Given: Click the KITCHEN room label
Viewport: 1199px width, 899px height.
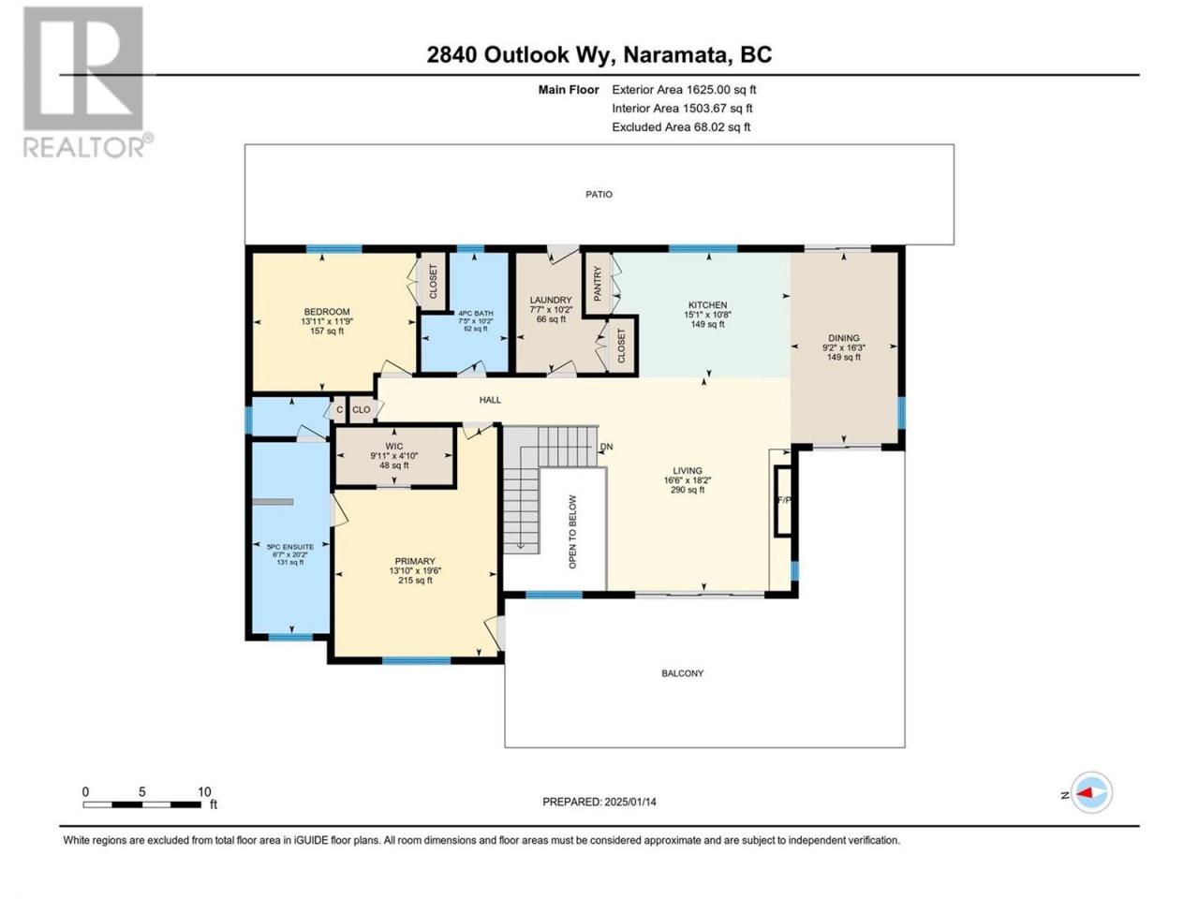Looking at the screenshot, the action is pos(707,305).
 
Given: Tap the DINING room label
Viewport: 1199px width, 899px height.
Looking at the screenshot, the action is pos(843,338).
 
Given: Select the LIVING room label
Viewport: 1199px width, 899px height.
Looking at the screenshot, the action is pos(688,470).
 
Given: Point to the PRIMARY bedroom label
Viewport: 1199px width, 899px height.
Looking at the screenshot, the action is pos(415,561).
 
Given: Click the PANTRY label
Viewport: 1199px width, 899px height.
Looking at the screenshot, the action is pos(598,284).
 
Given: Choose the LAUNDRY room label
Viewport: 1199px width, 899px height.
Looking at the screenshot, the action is pos(551,301).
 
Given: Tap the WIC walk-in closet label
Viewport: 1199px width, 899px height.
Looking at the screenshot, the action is pos(393,447).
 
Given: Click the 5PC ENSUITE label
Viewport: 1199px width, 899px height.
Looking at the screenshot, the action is pos(290,547).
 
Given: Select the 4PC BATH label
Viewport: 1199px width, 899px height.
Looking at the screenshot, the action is pos(475,314).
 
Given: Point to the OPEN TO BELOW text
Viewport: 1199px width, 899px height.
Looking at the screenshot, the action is pos(572,532).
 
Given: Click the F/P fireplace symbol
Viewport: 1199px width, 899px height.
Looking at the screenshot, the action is pos(784,500).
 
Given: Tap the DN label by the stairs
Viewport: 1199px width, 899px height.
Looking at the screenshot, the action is pos(606,447).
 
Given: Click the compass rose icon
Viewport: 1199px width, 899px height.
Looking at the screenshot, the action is pos(1091,792).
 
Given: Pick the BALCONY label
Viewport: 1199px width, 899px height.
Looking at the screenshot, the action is pos(682,673).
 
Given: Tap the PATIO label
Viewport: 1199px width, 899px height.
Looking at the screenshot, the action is pos(599,195).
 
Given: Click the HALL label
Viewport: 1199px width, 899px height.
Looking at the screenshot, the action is pos(490,400).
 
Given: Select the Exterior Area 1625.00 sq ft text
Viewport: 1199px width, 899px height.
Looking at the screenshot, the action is pos(684,90).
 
